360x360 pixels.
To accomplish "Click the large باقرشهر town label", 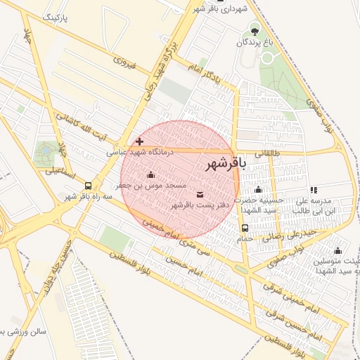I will pos(226,165).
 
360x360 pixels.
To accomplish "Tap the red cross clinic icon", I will pos(139,141).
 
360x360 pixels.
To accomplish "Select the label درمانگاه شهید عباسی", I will pos(140,151).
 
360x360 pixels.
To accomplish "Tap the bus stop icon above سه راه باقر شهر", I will pos(88,186).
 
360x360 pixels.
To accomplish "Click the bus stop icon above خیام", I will pos(245,228).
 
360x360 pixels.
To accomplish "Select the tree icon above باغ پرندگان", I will pos(254,30).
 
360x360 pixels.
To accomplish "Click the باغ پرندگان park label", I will pos(252,43).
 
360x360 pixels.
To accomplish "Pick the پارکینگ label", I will pos(58,16).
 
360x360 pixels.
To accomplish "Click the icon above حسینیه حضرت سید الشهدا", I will pos(258,190).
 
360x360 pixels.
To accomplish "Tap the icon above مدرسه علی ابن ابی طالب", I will pos(314,190).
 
